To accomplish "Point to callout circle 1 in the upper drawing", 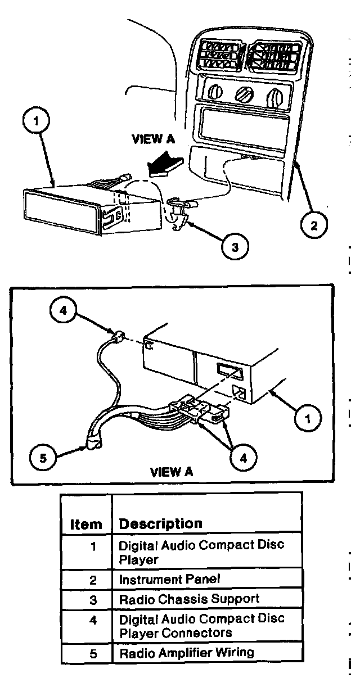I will (x=37, y=121).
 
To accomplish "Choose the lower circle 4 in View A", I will (x=242, y=458).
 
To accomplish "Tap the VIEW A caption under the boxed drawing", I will (x=172, y=472).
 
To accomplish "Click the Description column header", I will (x=160, y=523).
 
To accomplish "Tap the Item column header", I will (x=86, y=525).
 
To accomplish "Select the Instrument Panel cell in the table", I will (x=169, y=579).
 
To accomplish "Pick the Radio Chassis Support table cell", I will (x=189, y=599).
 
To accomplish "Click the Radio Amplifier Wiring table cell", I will (x=186, y=653).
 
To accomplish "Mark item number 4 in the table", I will (x=93, y=620).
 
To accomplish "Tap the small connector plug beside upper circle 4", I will (x=118, y=338).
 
